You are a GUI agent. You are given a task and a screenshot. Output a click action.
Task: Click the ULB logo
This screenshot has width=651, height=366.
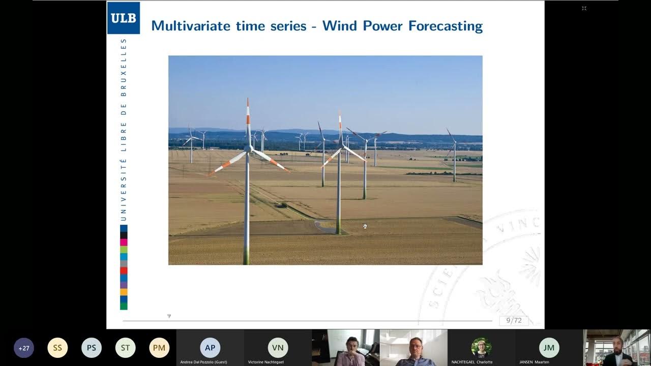click(123, 18)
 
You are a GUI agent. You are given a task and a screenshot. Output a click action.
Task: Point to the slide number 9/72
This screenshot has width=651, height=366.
click(514, 320)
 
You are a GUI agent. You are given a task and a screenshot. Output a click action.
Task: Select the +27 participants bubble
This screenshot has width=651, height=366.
click(24, 348)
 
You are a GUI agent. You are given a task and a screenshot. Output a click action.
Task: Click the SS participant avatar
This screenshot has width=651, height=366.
click(57, 348)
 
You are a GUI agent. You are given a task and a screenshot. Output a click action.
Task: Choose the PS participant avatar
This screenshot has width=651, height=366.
click(92, 348)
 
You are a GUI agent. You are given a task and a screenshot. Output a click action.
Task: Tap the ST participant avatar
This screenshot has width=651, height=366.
click(125, 348)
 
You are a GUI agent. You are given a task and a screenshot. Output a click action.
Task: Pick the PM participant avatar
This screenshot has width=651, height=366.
click(159, 348)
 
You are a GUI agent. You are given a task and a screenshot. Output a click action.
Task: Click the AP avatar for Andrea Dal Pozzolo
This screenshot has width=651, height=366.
click(210, 348)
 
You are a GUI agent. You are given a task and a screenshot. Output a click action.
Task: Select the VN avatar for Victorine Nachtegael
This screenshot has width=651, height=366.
click(278, 348)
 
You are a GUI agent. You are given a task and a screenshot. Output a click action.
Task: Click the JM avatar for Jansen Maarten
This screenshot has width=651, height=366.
click(549, 348)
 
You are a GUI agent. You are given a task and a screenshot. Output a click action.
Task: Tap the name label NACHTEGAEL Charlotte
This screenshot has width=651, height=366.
click(471, 362)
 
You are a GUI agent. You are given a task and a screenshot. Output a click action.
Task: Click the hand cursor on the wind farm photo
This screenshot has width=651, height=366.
click(365, 226)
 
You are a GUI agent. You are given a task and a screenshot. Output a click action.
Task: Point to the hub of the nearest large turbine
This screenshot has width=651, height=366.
click(248, 148)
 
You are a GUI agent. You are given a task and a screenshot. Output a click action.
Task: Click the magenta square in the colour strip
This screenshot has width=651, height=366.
click(124, 242)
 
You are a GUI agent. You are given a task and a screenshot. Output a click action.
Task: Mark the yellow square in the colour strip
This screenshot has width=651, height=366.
click(124, 292)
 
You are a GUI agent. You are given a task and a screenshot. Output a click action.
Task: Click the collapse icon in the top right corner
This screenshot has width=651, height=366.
click(584, 8)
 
